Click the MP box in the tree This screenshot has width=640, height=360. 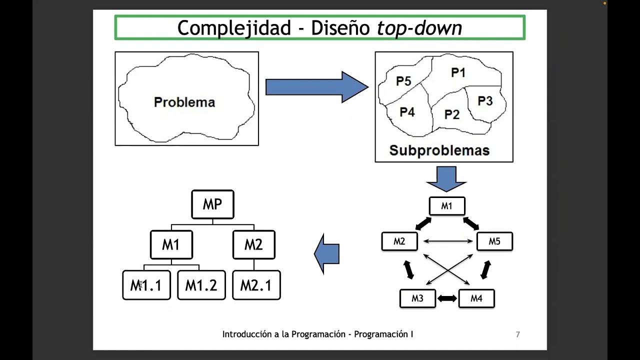pos(212,204)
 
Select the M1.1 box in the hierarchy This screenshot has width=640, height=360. pos(146,285)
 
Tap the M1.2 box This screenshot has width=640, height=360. pos(201,285)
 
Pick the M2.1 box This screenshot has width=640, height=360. pos(256,285)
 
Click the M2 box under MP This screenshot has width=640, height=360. pos(253,244)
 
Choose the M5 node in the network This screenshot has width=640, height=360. pos(494,241)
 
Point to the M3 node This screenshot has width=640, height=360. pos(417,298)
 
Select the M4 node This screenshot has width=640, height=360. pos(476,298)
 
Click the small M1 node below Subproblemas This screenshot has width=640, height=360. pos(447,206)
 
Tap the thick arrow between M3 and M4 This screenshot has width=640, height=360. pos(447,298)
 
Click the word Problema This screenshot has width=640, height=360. pos(184,102)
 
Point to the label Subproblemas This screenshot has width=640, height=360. pos(439,150)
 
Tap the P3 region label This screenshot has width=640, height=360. pos(485,101)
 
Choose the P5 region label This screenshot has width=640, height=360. pos(403,81)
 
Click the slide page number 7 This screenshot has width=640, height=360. pos(517,334)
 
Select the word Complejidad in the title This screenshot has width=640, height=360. pos(234,28)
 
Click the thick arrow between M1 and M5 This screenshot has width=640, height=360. pos(471,223)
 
